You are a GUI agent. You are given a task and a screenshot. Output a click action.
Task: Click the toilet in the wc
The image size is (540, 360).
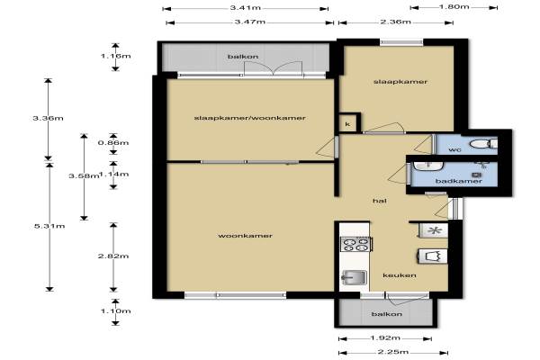(x=484, y=144)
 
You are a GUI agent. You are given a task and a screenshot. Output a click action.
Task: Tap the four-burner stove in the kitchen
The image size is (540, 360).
(x=355, y=244)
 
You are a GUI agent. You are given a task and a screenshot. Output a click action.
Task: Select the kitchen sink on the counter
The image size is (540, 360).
(x=354, y=277)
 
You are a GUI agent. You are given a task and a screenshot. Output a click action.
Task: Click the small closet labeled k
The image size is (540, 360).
(x=347, y=124)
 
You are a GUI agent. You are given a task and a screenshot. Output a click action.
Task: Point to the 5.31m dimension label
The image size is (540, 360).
(x=49, y=226)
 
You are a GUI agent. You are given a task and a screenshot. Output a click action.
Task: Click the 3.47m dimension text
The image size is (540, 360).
(x=250, y=22)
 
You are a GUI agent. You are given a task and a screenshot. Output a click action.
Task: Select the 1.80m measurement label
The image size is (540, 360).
(x=454, y=6)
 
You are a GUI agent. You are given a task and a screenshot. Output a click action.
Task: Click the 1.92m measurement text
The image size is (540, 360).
(x=385, y=338)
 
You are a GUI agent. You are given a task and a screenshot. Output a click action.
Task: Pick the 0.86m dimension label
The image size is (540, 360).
(x=113, y=142)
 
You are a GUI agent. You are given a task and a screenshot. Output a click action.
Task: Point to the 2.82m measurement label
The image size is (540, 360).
(x=113, y=256)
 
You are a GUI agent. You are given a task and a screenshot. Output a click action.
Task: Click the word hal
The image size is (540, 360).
(x=380, y=201)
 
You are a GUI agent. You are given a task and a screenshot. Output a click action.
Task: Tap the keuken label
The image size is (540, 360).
(x=400, y=275)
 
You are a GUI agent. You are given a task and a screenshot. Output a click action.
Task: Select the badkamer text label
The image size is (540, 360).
(x=459, y=181)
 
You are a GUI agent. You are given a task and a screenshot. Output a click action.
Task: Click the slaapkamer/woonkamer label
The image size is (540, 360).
(x=249, y=118)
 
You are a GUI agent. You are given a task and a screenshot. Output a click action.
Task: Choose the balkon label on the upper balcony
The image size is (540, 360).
(x=243, y=57)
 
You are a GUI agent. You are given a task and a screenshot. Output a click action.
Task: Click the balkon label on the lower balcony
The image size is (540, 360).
(x=387, y=314)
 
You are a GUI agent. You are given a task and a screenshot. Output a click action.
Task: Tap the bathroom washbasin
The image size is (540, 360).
(x=428, y=166)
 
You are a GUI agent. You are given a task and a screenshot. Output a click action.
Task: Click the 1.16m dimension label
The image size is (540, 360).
(x=116, y=56)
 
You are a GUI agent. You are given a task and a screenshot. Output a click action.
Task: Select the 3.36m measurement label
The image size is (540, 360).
(x=48, y=118)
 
